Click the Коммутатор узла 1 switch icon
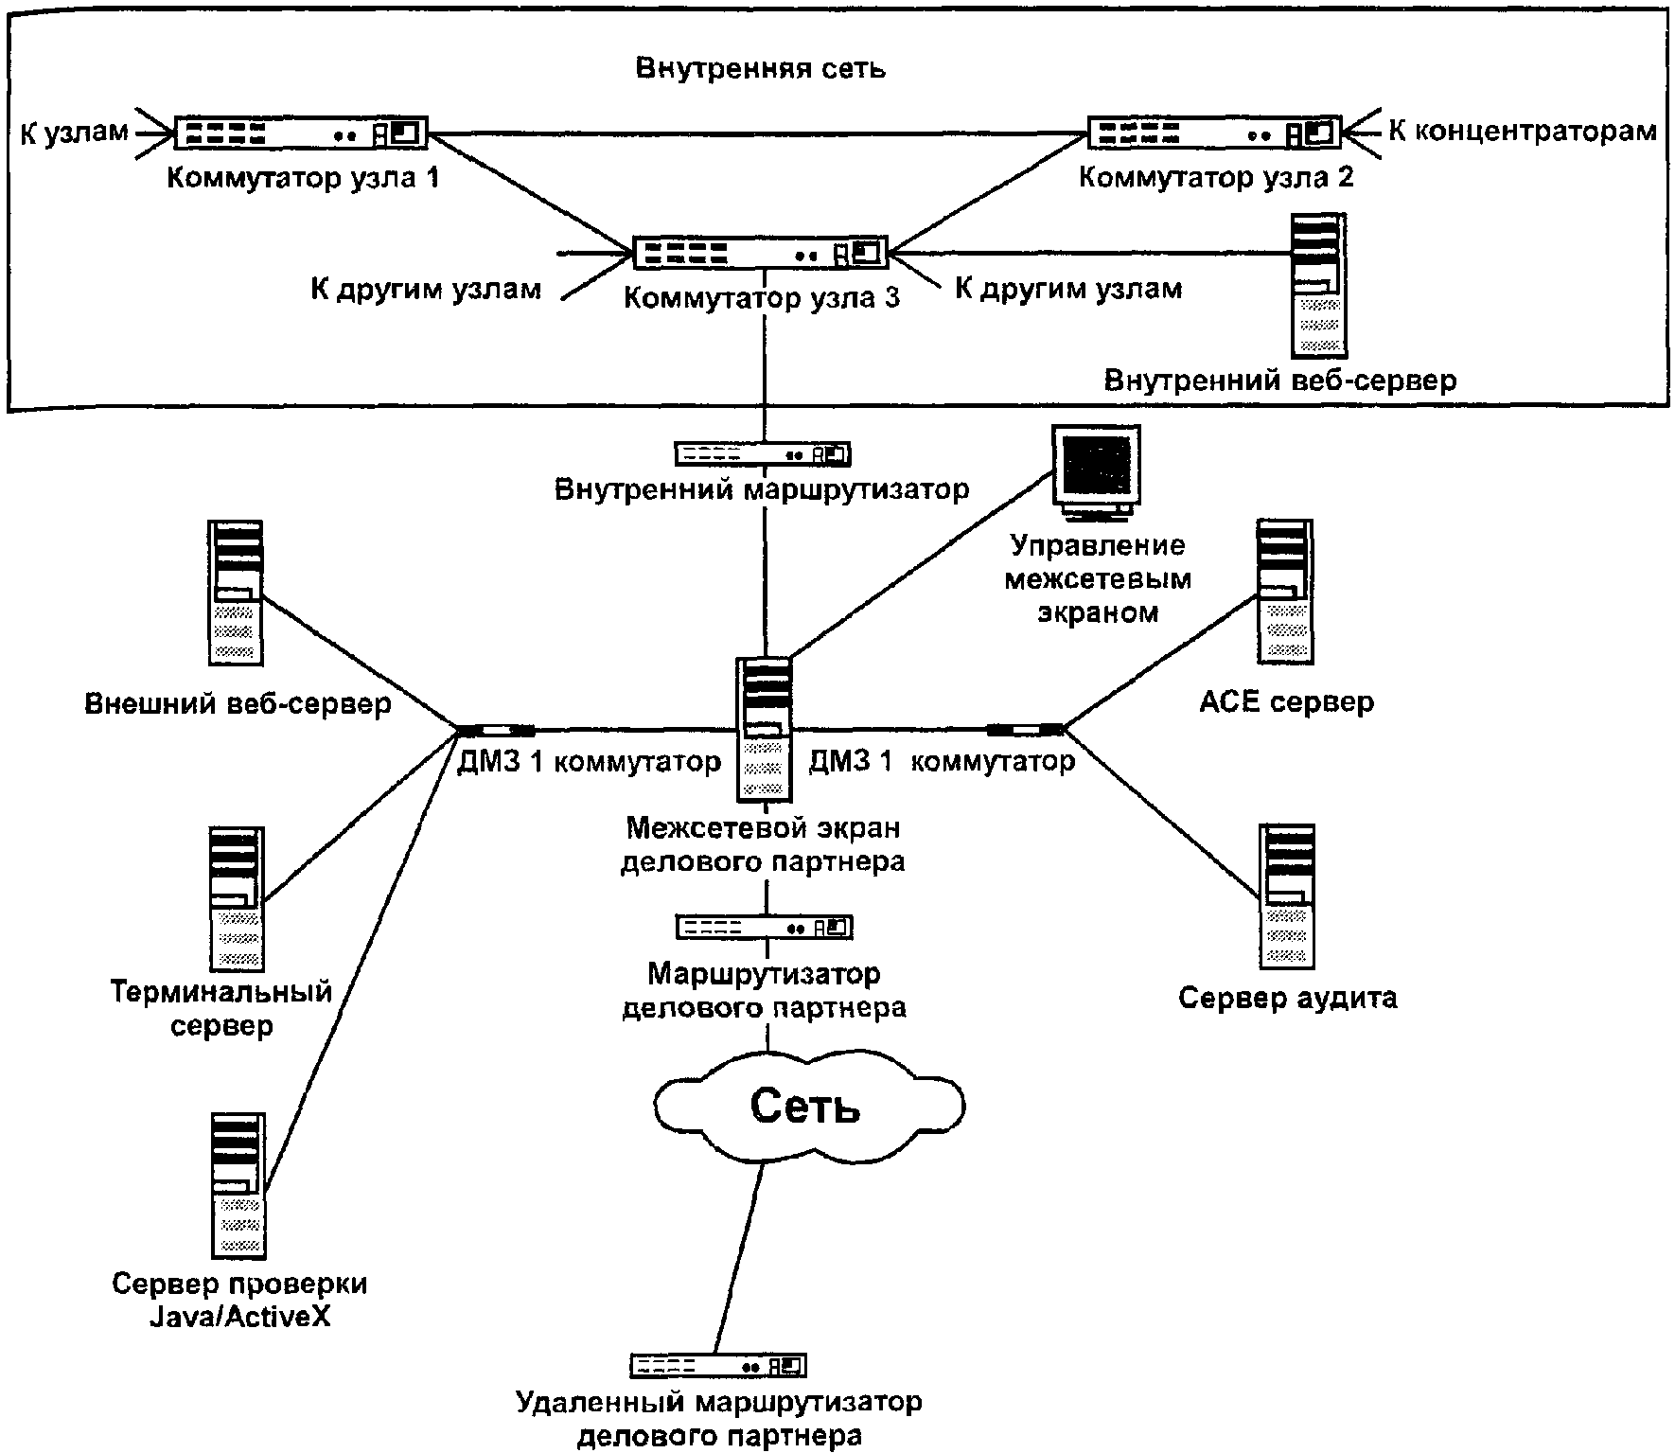pos(301,133)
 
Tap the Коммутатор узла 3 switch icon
pos(761,252)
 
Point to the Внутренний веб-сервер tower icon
pos(1319,284)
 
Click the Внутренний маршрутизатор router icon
pos(763,453)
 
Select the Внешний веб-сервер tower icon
pos(236,593)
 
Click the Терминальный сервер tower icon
pos(236,899)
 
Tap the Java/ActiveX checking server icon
pos(238,1185)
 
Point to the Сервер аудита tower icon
pos(1287,896)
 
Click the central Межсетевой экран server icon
pos(765,729)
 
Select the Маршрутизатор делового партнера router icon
pos(765,927)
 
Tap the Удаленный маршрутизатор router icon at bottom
pos(718,1365)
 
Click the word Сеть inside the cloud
pos(805,1105)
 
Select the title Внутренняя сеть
pos(761,69)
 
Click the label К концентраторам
pos(1523,131)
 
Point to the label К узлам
pos(74,132)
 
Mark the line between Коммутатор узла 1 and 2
pos(757,133)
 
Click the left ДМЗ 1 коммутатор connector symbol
pos(496,730)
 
